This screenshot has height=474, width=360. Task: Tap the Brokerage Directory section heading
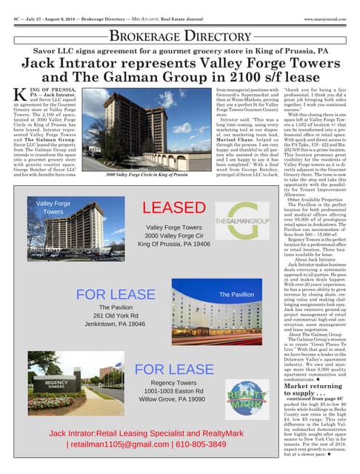[180, 36]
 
